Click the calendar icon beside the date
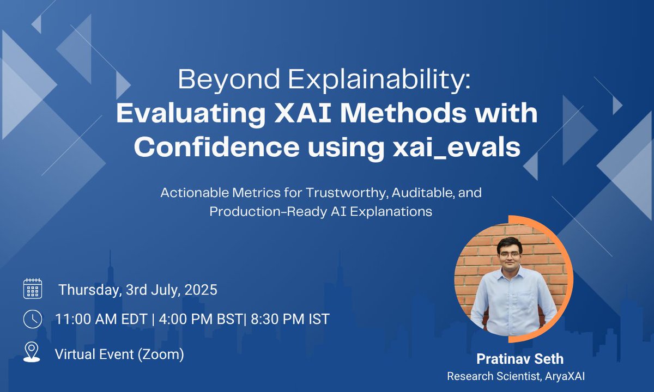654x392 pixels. tap(33, 289)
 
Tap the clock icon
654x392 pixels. tap(33, 319)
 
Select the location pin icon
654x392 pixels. tap(32, 352)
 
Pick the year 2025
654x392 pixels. tap(201, 290)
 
